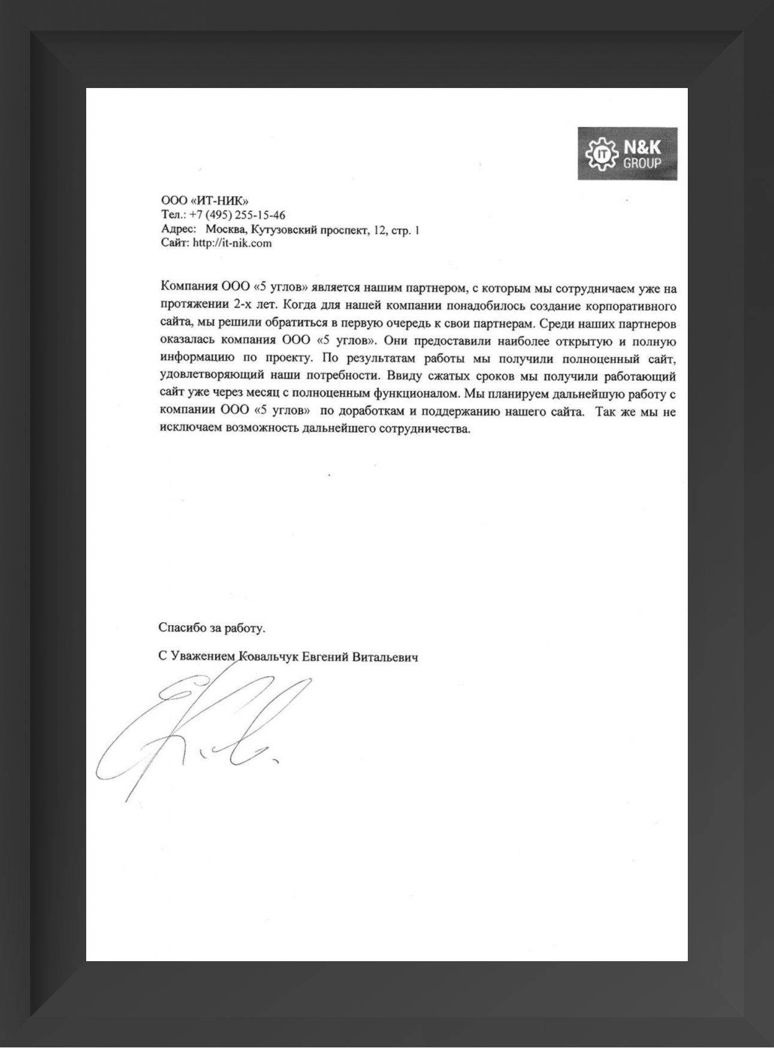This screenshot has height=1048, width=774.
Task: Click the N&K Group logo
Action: [x=627, y=153]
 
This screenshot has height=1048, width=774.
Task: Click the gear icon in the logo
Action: [x=599, y=155]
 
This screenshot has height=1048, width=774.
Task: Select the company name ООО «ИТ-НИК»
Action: [x=205, y=201]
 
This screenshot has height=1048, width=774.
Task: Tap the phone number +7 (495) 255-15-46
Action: [x=237, y=216]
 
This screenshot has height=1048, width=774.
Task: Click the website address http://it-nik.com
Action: [x=232, y=243]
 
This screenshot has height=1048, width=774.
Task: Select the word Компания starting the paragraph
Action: [x=189, y=289]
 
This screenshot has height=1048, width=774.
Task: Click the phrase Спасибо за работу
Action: [x=211, y=628]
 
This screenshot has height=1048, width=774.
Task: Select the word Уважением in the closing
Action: [x=202, y=656]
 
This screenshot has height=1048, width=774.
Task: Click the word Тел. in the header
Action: [x=173, y=216]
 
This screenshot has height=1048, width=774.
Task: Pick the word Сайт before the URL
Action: [x=175, y=243]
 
